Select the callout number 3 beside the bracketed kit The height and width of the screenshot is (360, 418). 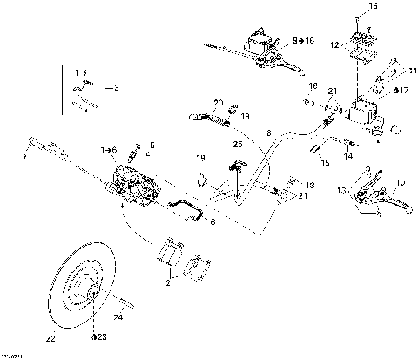point(118,88)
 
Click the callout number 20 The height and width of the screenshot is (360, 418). point(219,102)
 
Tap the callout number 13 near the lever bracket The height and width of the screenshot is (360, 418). point(340,189)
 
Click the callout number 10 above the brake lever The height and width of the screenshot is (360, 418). point(401,182)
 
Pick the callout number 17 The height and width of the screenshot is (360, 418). point(401,89)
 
